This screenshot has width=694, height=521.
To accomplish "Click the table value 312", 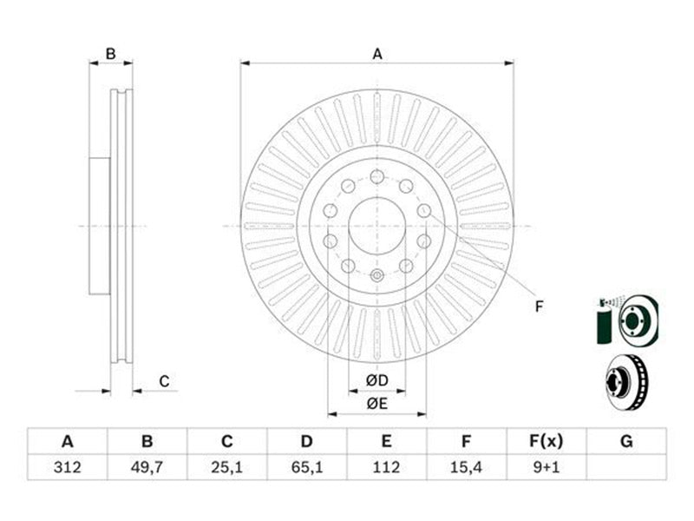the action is tap(68, 467).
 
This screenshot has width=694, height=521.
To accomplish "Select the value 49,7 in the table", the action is tap(147, 467).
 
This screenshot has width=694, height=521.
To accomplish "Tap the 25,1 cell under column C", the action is tap(226, 467).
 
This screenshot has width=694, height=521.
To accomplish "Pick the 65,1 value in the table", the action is tap(307, 467).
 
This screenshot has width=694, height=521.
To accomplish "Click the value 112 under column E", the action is tap(386, 467).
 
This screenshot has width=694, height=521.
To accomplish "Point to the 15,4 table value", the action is tap(466, 467).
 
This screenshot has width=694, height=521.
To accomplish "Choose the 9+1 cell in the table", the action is tap(547, 467).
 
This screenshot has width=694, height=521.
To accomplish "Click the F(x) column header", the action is tap(547, 441).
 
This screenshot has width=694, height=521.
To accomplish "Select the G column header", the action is tap(626, 441).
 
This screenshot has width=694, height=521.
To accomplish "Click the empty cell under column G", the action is tap(626, 467).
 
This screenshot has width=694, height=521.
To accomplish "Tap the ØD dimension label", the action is tap(377, 380).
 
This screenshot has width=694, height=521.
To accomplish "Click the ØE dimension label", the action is tap(377, 404).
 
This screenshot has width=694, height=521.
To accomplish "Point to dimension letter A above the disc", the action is tap(377, 54).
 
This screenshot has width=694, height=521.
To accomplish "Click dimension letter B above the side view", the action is tap(111, 54).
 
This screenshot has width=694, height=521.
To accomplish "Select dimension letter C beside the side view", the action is tap(164, 381).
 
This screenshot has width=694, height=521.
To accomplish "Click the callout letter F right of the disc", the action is tap(539, 307).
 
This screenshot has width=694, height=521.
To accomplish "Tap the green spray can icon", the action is tap(603, 322).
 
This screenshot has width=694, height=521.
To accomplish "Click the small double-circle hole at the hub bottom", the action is tap(377, 275).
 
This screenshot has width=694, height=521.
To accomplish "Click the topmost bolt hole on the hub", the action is tap(377, 176).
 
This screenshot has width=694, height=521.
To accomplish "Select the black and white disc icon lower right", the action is tap(626, 382).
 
